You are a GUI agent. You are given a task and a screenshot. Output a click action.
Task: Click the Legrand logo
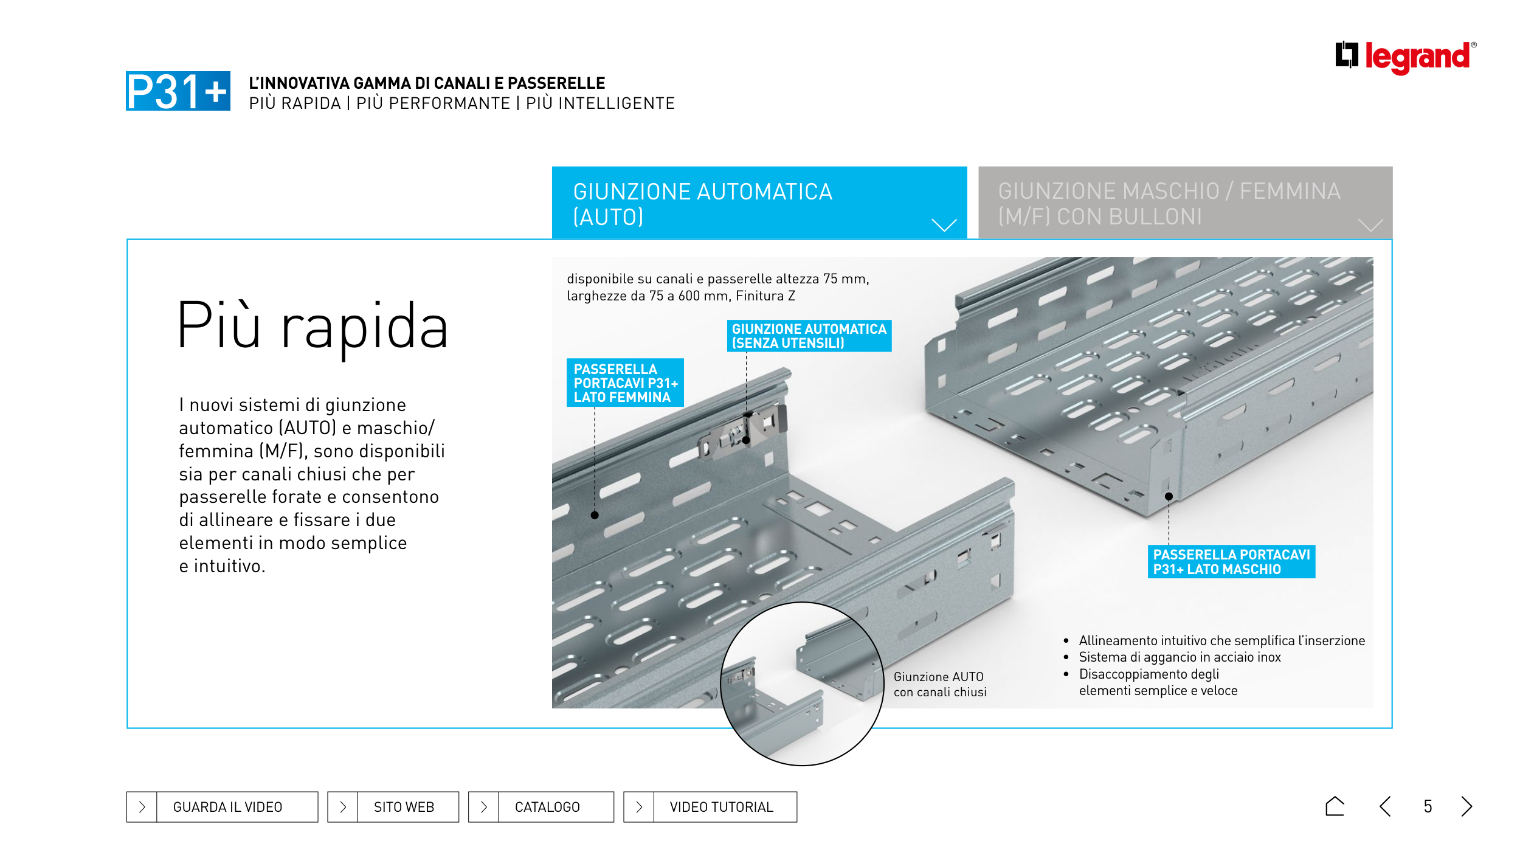point(1405,57)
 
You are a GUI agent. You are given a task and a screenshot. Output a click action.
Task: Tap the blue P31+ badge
point(178,91)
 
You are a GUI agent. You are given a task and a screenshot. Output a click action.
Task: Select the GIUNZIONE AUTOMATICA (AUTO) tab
point(759,203)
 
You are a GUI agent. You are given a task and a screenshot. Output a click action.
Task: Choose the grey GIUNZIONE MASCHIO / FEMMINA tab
point(1184,203)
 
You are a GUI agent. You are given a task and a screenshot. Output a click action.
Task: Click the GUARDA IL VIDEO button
point(222,807)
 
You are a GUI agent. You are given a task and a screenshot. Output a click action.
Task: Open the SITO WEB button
point(393,807)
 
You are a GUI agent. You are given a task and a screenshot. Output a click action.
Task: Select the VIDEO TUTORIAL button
point(710,807)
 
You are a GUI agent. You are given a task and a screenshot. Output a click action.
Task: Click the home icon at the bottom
point(1335,806)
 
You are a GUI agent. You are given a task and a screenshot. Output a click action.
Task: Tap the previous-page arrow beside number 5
point(1386,806)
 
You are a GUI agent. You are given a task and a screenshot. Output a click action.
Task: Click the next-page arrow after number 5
point(1466,806)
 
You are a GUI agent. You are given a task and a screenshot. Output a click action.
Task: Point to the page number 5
point(1428,807)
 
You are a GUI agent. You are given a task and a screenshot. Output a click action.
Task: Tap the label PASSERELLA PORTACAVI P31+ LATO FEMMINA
point(625,383)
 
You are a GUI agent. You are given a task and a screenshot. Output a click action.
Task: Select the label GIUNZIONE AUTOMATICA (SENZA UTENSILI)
point(809,336)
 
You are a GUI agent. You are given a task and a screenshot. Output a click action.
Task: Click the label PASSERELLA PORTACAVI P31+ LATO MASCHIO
point(1231,562)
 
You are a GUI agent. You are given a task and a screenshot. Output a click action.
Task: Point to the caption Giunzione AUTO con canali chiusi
point(939,684)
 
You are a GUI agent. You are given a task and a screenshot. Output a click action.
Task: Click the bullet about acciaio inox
point(1179,657)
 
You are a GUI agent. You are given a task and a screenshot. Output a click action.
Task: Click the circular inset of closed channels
point(802,684)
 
